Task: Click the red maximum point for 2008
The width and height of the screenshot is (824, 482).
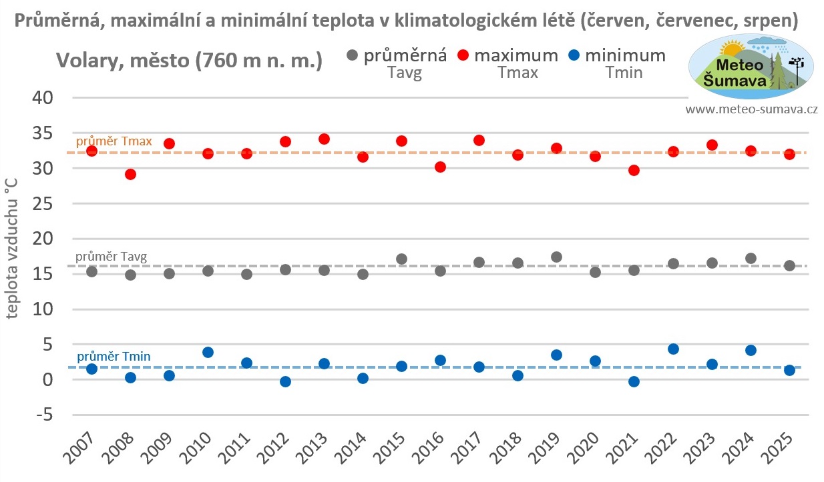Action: pos(131,175)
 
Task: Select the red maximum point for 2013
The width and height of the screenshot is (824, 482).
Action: pos(325,139)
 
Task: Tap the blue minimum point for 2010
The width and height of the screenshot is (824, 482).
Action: pos(208,352)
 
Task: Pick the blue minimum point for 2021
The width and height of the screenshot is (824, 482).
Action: pos(634,381)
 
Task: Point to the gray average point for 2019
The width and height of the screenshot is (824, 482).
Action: pos(556,257)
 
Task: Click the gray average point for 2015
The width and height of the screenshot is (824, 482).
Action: pos(401,259)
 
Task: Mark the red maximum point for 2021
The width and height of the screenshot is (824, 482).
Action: pos(634,171)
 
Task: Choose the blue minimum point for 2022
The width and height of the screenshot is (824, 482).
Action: pos(673,349)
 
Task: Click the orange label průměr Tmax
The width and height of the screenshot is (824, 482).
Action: pos(114,141)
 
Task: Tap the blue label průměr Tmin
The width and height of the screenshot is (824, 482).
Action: pos(114,357)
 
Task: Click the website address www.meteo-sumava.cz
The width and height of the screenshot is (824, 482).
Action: pos(751,109)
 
